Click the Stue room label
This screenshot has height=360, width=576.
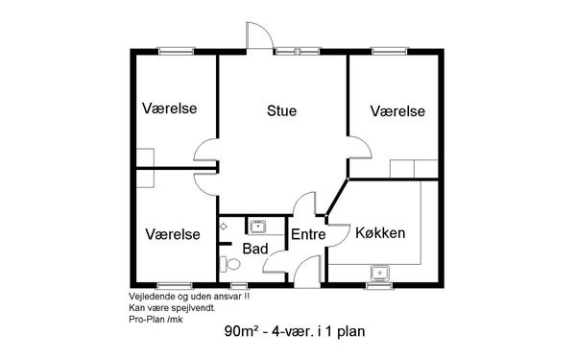[x=281, y=110]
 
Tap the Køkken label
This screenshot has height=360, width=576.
[x=380, y=233]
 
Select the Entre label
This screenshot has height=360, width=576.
[x=308, y=234]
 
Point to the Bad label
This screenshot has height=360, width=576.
[x=255, y=249]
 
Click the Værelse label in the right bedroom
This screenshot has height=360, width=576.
[x=397, y=111]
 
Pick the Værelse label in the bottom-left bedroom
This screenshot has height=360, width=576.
[x=173, y=234]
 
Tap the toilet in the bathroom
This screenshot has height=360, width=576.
[x=230, y=264]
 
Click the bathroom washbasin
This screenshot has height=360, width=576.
[x=258, y=227]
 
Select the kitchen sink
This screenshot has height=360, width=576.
[x=380, y=274]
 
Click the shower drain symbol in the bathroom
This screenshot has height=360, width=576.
[x=224, y=227]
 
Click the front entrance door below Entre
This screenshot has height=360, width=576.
[x=308, y=272]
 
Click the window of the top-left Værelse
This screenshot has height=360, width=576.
[x=176, y=51]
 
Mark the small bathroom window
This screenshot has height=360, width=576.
[x=239, y=285]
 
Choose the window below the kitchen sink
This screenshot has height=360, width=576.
[x=379, y=285]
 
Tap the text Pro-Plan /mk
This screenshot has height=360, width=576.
[x=156, y=320]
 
